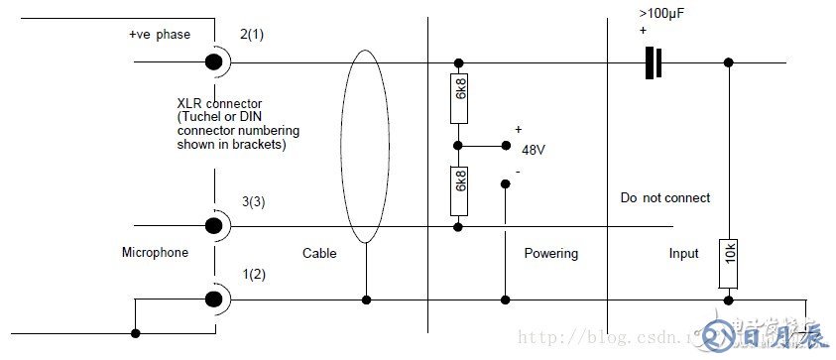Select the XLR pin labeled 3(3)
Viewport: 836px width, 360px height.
(x=212, y=226)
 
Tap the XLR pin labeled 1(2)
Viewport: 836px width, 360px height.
(x=212, y=299)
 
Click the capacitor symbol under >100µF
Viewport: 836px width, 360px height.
(x=653, y=62)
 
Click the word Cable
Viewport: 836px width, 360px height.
(x=319, y=253)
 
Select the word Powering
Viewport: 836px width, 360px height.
(x=550, y=253)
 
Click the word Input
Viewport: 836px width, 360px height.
(x=684, y=253)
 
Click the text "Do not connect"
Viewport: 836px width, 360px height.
(x=664, y=197)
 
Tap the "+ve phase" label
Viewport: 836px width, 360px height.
(x=159, y=35)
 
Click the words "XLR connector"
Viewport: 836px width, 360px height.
(x=218, y=103)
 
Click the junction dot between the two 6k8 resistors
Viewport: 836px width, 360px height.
(x=457, y=145)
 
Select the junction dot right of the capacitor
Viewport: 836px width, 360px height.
(x=729, y=62)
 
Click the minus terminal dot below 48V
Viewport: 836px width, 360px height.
(x=505, y=181)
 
